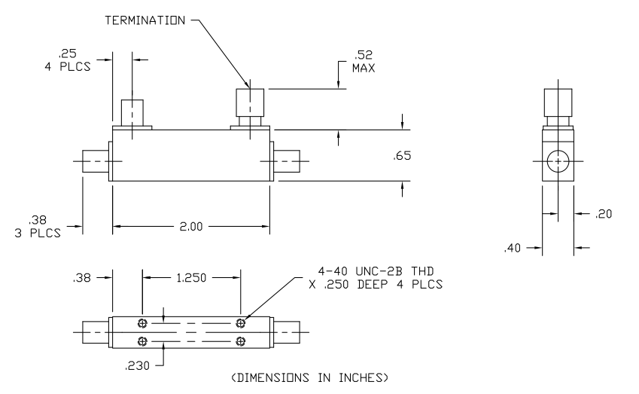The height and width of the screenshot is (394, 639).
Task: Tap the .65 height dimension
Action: tap(402, 157)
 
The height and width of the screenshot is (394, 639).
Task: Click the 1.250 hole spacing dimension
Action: tap(191, 277)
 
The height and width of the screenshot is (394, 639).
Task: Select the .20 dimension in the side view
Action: tap(604, 214)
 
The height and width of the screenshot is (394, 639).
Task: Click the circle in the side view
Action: tap(558, 161)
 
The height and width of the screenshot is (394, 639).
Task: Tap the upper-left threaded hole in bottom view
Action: tap(142, 323)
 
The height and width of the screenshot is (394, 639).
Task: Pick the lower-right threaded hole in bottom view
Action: tap(240, 342)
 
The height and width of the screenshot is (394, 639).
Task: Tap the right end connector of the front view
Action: tap(286, 161)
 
